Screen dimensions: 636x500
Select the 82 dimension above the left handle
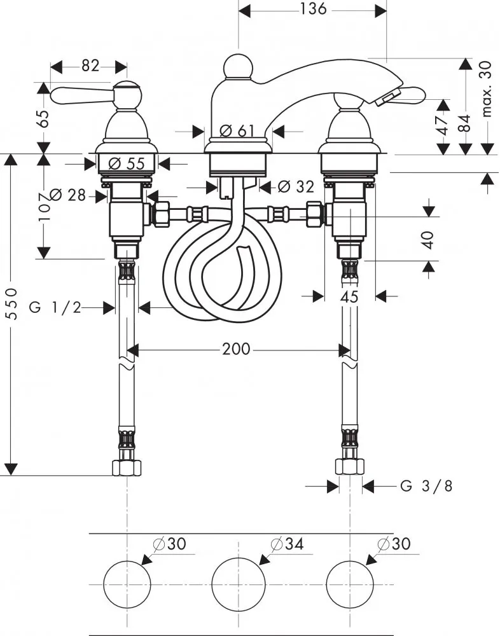pyautogui.click(x=91, y=66)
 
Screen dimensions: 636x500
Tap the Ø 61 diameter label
pyautogui.click(x=237, y=131)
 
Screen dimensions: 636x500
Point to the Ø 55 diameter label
pyautogui.click(x=127, y=163)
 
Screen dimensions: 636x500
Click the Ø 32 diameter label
pyautogui.click(x=296, y=187)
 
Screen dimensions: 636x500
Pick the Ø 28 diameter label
pyautogui.click(x=67, y=195)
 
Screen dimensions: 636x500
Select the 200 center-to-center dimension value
pyautogui.click(x=237, y=350)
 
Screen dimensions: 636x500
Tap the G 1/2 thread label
pyautogui.click(x=55, y=308)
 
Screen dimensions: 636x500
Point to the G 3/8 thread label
pyautogui.click(x=427, y=487)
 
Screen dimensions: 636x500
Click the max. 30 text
pyautogui.click(x=488, y=90)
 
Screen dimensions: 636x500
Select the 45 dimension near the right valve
pyautogui.click(x=349, y=296)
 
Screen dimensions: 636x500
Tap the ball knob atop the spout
pyautogui.click(x=237, y=67)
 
